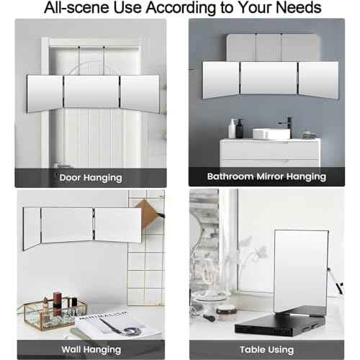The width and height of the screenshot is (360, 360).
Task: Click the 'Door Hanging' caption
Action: pos(90,177)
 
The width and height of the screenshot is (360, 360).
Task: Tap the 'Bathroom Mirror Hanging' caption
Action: pos(266,176)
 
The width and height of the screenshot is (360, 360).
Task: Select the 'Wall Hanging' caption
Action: pos(90,348)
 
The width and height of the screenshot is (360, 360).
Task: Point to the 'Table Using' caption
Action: pos(266,348)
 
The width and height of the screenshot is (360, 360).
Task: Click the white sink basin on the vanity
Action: pos(271,134)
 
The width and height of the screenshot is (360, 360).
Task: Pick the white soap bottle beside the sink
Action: pos(233,129)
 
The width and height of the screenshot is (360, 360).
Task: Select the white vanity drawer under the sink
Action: pos(270,152)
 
